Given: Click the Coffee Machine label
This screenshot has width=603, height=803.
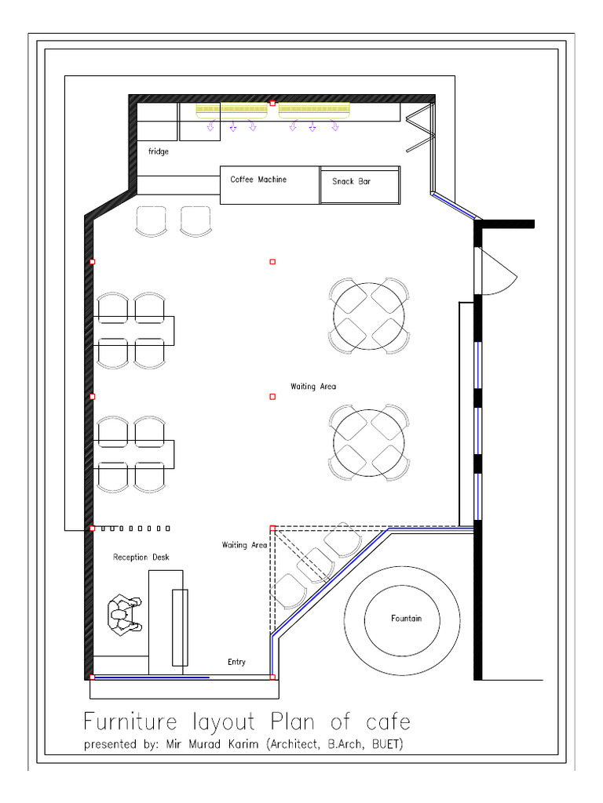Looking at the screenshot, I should [258, 180].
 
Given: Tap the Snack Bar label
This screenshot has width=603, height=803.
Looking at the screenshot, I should [351, 182].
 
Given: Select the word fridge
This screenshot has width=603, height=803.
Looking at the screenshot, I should [158, 151].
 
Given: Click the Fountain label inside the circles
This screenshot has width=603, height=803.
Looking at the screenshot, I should [406, 619].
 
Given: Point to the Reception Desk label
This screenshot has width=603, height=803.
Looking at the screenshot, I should [141, 558].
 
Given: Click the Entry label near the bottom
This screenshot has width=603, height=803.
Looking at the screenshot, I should [236, 662].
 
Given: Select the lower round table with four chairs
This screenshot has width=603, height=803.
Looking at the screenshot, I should [368, 441].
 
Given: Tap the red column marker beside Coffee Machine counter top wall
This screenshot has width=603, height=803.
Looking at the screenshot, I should [272, 103].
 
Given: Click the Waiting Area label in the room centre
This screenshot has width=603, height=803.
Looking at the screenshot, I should [313, 387].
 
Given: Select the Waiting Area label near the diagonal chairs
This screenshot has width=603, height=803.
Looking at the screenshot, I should [244, 545].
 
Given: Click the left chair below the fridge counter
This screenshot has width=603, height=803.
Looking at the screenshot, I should [152, 220].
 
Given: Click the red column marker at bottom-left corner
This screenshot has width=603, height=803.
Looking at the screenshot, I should [92, 677].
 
